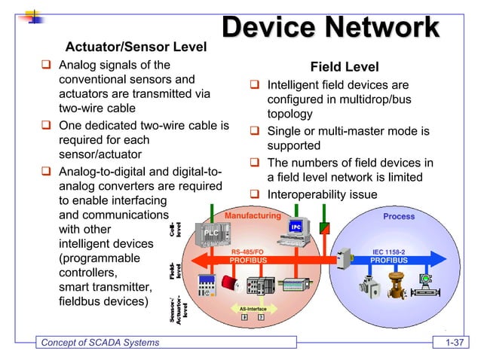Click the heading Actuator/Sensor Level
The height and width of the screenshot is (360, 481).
point(136,47)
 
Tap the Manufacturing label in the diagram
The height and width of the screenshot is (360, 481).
point(252,215)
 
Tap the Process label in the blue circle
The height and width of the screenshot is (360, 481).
point(398,216)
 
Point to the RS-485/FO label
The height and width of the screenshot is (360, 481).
point(247,252)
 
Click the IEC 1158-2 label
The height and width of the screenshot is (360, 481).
point(389,252)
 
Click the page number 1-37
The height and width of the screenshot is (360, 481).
point(455,344)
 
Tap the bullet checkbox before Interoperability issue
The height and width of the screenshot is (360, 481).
point(255,195)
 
